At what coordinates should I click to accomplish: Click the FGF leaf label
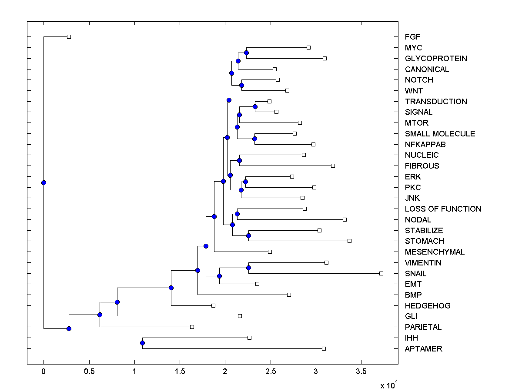412,37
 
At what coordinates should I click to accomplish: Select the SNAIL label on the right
415,274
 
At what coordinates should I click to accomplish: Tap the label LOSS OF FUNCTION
443,209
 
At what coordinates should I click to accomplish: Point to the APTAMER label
423,349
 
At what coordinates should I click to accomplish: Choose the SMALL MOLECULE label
440,134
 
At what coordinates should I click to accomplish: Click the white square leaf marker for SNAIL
381,273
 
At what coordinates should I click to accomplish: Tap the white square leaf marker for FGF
69,36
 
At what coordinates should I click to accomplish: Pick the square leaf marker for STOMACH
349,241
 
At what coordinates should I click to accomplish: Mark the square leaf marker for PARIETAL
192,327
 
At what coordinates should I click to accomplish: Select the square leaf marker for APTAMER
324,348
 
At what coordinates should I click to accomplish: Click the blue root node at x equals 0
43,182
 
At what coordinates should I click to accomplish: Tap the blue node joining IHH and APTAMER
142,343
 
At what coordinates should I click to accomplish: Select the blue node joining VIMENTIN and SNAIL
248,268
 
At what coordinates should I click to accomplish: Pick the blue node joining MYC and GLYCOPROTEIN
246,53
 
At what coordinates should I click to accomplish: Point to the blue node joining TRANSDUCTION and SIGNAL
255,106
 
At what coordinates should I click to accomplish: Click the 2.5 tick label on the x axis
270,371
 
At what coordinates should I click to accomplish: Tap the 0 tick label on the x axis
43,371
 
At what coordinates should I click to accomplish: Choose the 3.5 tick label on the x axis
361,371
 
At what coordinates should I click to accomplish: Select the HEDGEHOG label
428,306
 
